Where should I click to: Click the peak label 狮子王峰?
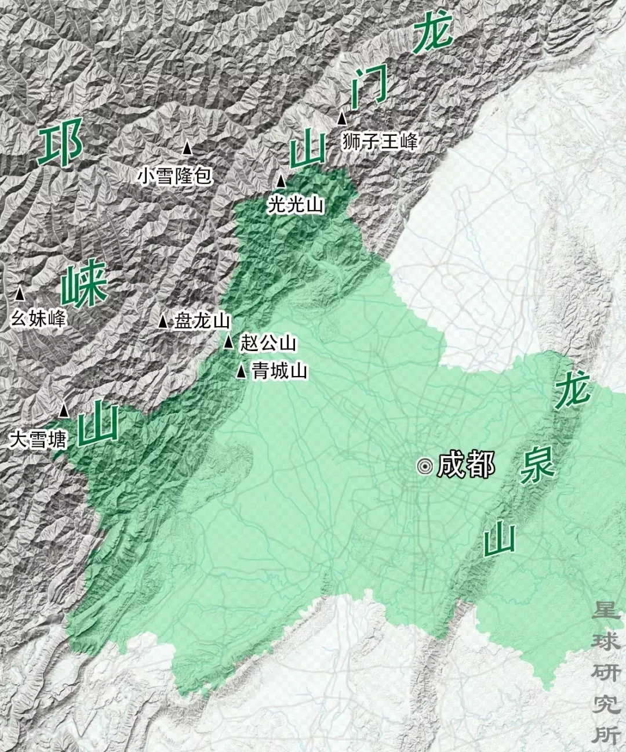coord(380,140)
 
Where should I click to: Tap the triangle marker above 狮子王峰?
coord(343,118)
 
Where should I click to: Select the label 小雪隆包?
coord(174,175)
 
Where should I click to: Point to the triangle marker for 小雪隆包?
coord(187,149)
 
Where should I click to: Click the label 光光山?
coord(296,204)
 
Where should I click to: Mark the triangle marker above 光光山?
coord(281,182)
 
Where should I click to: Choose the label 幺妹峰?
coord(39,318)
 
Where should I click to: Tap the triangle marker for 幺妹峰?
coord(20,294)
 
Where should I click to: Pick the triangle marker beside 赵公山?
coord(229,342)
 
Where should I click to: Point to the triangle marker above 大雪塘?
coord(64,411)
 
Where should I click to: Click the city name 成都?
coord(466,465)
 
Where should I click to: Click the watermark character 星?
coord(606,610)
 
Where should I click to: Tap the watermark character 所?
coord(606,734)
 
